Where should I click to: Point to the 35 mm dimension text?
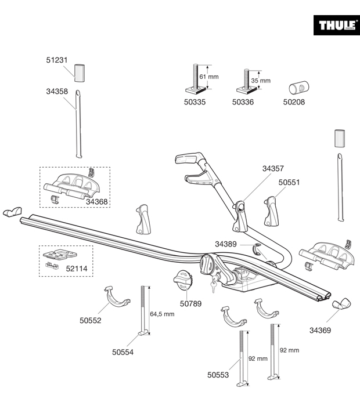[x=261, y=81]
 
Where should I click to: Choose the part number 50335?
[x=195, y=102]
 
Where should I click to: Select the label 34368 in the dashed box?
[x=97, y=201]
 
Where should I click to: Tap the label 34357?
[x=272, y=169]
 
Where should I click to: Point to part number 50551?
[x=289, y=182]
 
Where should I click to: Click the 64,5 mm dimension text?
[x=162, y=314]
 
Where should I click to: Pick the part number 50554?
[x=123, y=351]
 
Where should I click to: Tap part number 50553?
[x=218, y=375]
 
